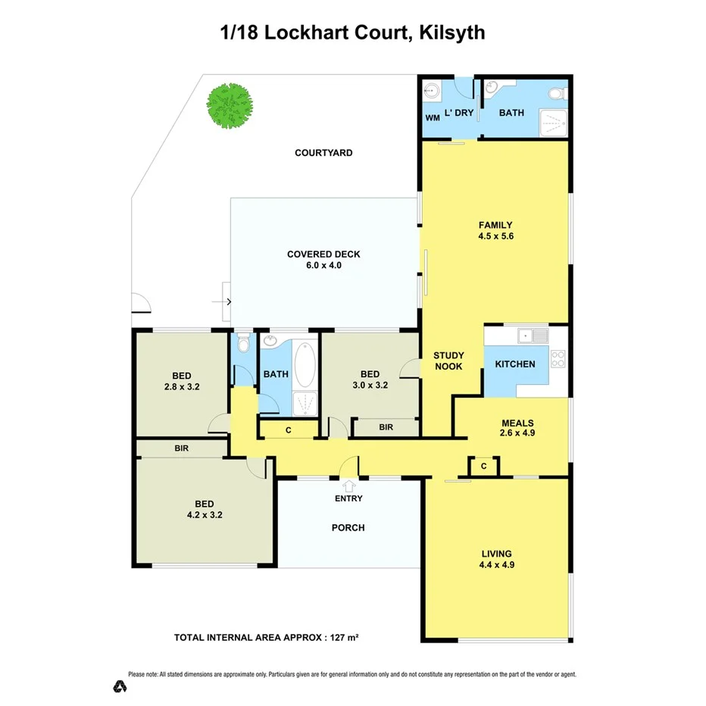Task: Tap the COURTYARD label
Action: pyautogui.click(x=323, y=153)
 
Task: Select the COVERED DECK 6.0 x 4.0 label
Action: pyautogui.click(x=323, y=260)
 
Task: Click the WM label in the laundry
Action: pyautogui.click(x=432, y=118)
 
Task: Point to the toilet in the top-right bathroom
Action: pyautogui.click(x=557, y=94)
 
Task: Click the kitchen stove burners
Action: pyautogui.click(x=558, y=359)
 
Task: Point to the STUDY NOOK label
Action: pyautogui.click(x=448, y=361)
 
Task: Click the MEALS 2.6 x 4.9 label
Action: pyautogui.click(x=518, y=429)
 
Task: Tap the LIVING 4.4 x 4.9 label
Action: pyautogui.click(x=496, y=559)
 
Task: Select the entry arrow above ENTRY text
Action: pyautogui.click(x=349, y=485)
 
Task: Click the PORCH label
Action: pyautogui.click(x=348, y=527)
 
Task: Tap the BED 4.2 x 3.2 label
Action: pyautogui.click(x=205, y=509)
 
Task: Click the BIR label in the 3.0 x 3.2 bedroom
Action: pyautogui.click(x=386, y=427)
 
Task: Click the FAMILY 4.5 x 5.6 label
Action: pyautogui.click(x=495, y=230)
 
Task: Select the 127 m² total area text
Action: pyautogui.click(x=342, y=637)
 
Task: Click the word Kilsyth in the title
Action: pyautogui.click(x=449, y=33)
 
